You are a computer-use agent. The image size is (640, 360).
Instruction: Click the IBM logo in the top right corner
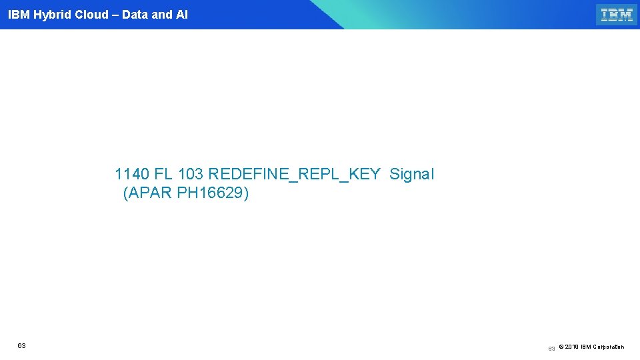tap(616, 15)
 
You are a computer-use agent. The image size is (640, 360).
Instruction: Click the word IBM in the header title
tap(18, 15)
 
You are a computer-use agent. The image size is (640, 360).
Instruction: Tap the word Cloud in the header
tap(92, 15)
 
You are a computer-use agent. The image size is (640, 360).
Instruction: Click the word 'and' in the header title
tap(162, 15)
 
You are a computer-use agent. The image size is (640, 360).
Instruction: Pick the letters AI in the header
tap(182, 15)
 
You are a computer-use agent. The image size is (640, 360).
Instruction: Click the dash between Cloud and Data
tap(115, 15)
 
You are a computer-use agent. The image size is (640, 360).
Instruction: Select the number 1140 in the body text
tap(132, 175)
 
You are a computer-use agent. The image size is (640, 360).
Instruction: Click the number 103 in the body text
tap(191, 175)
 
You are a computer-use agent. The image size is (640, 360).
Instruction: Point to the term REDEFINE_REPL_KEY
tap(294, 175)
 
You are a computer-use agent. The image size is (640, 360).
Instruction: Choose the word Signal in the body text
tap(411, 175)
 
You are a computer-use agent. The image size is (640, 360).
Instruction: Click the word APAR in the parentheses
tap(151, 194)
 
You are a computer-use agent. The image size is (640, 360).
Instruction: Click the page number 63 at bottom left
tap(22, 345)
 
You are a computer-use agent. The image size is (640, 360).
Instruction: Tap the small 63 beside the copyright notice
tap(551, 349)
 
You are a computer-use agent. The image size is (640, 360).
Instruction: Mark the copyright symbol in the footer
tap(561, 347)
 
